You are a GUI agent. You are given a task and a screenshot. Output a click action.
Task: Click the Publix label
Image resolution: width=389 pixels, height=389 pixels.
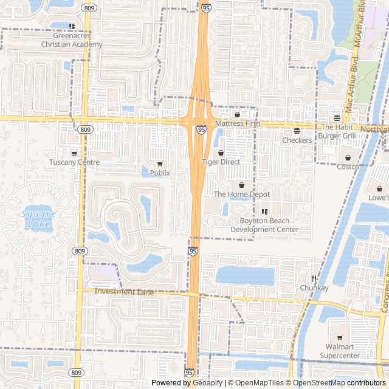[160, 173]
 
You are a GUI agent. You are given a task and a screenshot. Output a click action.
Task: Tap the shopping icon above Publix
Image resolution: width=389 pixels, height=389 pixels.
[160, 164]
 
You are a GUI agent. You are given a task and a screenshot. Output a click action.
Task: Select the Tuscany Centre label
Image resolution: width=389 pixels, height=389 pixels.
[74, 162]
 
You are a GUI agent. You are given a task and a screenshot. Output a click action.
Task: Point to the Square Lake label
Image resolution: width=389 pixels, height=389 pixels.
[38, 219]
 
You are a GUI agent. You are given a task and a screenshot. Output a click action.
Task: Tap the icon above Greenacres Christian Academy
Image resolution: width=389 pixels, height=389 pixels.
[72, 26]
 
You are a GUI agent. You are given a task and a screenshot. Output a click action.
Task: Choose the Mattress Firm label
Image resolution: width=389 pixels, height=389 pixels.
[238, 123]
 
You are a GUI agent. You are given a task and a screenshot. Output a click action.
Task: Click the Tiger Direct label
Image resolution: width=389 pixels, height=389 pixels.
[221, 162]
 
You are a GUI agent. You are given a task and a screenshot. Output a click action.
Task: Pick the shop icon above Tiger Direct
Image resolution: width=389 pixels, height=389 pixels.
[221, 153]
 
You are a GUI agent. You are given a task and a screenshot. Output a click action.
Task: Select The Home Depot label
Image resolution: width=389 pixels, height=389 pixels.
[241, 194]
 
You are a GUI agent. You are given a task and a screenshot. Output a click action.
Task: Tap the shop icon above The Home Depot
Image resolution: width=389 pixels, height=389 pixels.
[241, 185]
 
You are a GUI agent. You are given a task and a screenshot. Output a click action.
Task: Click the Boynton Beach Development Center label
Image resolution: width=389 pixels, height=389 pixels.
[264, 225]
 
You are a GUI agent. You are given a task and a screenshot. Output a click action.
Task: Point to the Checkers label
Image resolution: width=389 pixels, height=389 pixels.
[297, 140]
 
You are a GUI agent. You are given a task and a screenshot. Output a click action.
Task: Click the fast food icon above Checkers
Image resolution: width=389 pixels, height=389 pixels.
[297, 131]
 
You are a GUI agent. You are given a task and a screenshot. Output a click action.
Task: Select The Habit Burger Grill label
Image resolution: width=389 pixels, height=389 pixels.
[338, 131]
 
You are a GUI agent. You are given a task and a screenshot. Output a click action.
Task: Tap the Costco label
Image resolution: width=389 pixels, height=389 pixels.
[348, 167]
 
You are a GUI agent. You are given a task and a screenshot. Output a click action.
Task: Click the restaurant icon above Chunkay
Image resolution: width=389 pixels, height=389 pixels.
[314, 278]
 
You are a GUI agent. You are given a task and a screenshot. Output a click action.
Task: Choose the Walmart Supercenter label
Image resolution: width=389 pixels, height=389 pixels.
[340, 351]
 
